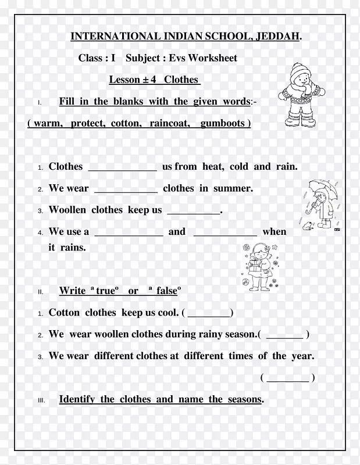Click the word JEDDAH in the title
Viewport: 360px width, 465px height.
click(x=278, y=37)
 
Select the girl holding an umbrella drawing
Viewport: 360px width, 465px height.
click(x=320, y=203)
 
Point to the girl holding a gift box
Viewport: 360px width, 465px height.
click(x=256, y=266)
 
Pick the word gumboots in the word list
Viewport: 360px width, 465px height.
click(x=223, y=123)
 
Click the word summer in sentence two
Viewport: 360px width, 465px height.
click(x=233, y=188)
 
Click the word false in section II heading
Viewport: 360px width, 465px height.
click(x=166, y=291)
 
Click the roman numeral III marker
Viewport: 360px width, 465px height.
click(x=41, y=400)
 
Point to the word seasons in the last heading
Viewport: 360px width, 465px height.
click(x=244, y=399)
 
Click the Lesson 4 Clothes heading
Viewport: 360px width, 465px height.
click(x=154, y=80)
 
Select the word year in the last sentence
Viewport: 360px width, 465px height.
click(x=302, y=356)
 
